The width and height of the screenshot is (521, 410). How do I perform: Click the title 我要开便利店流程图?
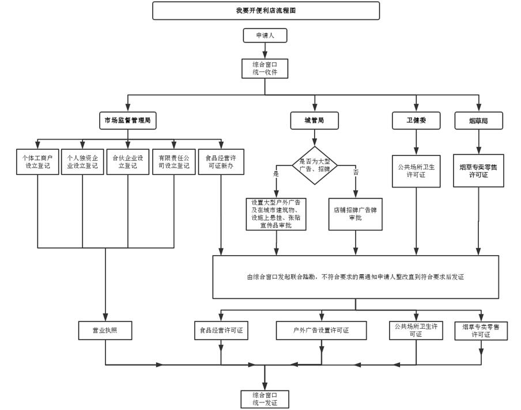(266, 10)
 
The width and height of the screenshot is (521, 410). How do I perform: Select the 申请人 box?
(265, 36)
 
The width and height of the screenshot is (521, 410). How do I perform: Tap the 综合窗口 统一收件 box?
(265, 68)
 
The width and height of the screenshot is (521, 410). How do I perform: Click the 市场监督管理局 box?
(127, 120)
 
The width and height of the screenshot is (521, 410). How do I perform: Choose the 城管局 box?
(314, 120)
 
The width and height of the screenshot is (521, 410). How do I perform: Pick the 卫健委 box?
(416, 120)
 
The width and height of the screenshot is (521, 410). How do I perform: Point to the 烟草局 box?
(479, 121)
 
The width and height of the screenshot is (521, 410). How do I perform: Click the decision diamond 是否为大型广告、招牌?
(315, 165)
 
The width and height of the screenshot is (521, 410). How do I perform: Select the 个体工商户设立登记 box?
(38, 162)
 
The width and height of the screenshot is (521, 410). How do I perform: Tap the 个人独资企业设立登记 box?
(82, 162)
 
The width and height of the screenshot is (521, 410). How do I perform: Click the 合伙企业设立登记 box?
(127, 162)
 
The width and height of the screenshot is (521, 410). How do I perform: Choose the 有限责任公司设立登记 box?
(173, 162)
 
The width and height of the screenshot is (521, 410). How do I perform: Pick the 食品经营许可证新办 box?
(221, 162)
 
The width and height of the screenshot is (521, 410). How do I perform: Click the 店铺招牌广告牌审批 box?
(355, 214)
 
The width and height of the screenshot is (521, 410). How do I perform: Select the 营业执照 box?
(105, 331)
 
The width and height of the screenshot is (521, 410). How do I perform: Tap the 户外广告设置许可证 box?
(322, 331)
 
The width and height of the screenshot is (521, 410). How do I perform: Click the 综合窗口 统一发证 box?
(265, 399)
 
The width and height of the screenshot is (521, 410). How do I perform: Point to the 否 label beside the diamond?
(356, 172)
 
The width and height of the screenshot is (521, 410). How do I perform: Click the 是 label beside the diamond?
(275, 173)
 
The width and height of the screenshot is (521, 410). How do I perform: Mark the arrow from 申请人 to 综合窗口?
(265, 51)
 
